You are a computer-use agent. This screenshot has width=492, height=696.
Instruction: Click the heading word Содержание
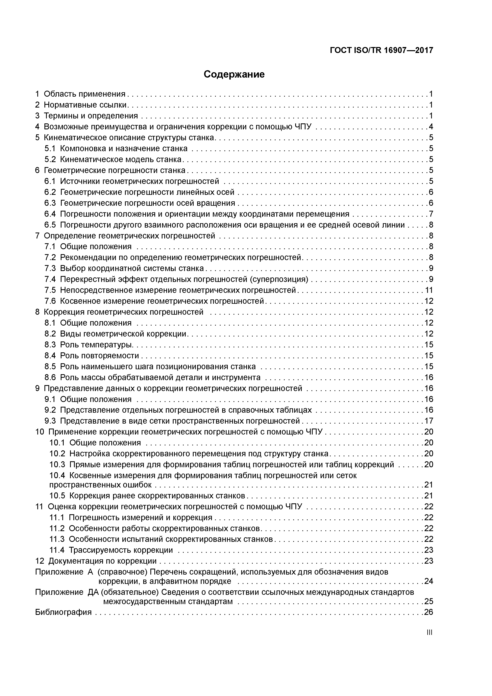coord(234,74)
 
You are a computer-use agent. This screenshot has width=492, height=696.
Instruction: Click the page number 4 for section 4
coord(431,127)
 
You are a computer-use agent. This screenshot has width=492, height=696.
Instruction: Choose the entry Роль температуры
coord(97,345)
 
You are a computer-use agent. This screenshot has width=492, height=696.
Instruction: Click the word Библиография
coord(63,612)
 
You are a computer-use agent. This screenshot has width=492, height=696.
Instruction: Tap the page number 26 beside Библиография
coord(428,612)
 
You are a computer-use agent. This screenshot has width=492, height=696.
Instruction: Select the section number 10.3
coord(57,464)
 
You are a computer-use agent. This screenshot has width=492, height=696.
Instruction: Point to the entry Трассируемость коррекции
coord(121,550)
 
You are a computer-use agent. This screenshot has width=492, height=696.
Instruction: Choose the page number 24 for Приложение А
coord(428,581)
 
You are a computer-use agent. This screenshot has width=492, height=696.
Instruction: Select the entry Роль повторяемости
coord(99,356)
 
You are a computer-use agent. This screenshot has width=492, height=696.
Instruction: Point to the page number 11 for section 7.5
coord(429,290)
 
